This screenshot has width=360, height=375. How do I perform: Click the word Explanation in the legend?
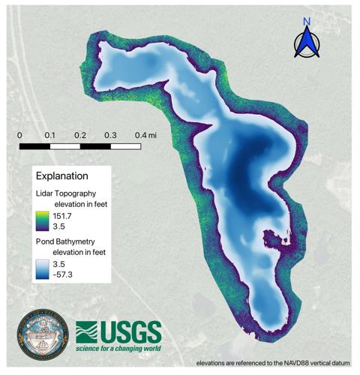62,176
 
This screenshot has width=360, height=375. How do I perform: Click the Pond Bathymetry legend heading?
68,242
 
